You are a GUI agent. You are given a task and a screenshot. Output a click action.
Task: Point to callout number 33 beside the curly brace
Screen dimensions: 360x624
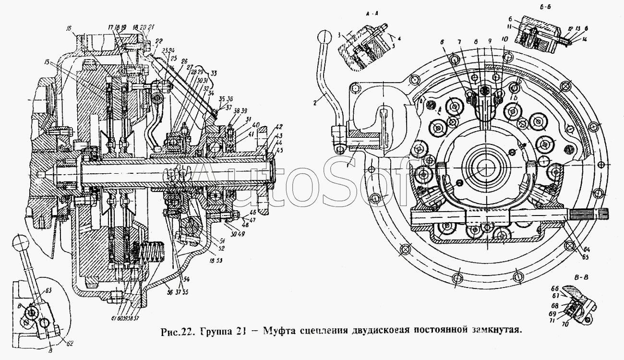coord(213,73)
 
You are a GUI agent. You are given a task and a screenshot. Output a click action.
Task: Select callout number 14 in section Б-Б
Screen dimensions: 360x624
coord(569,49)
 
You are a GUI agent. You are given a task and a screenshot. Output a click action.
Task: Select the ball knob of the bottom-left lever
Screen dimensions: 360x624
coord(21,240)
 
